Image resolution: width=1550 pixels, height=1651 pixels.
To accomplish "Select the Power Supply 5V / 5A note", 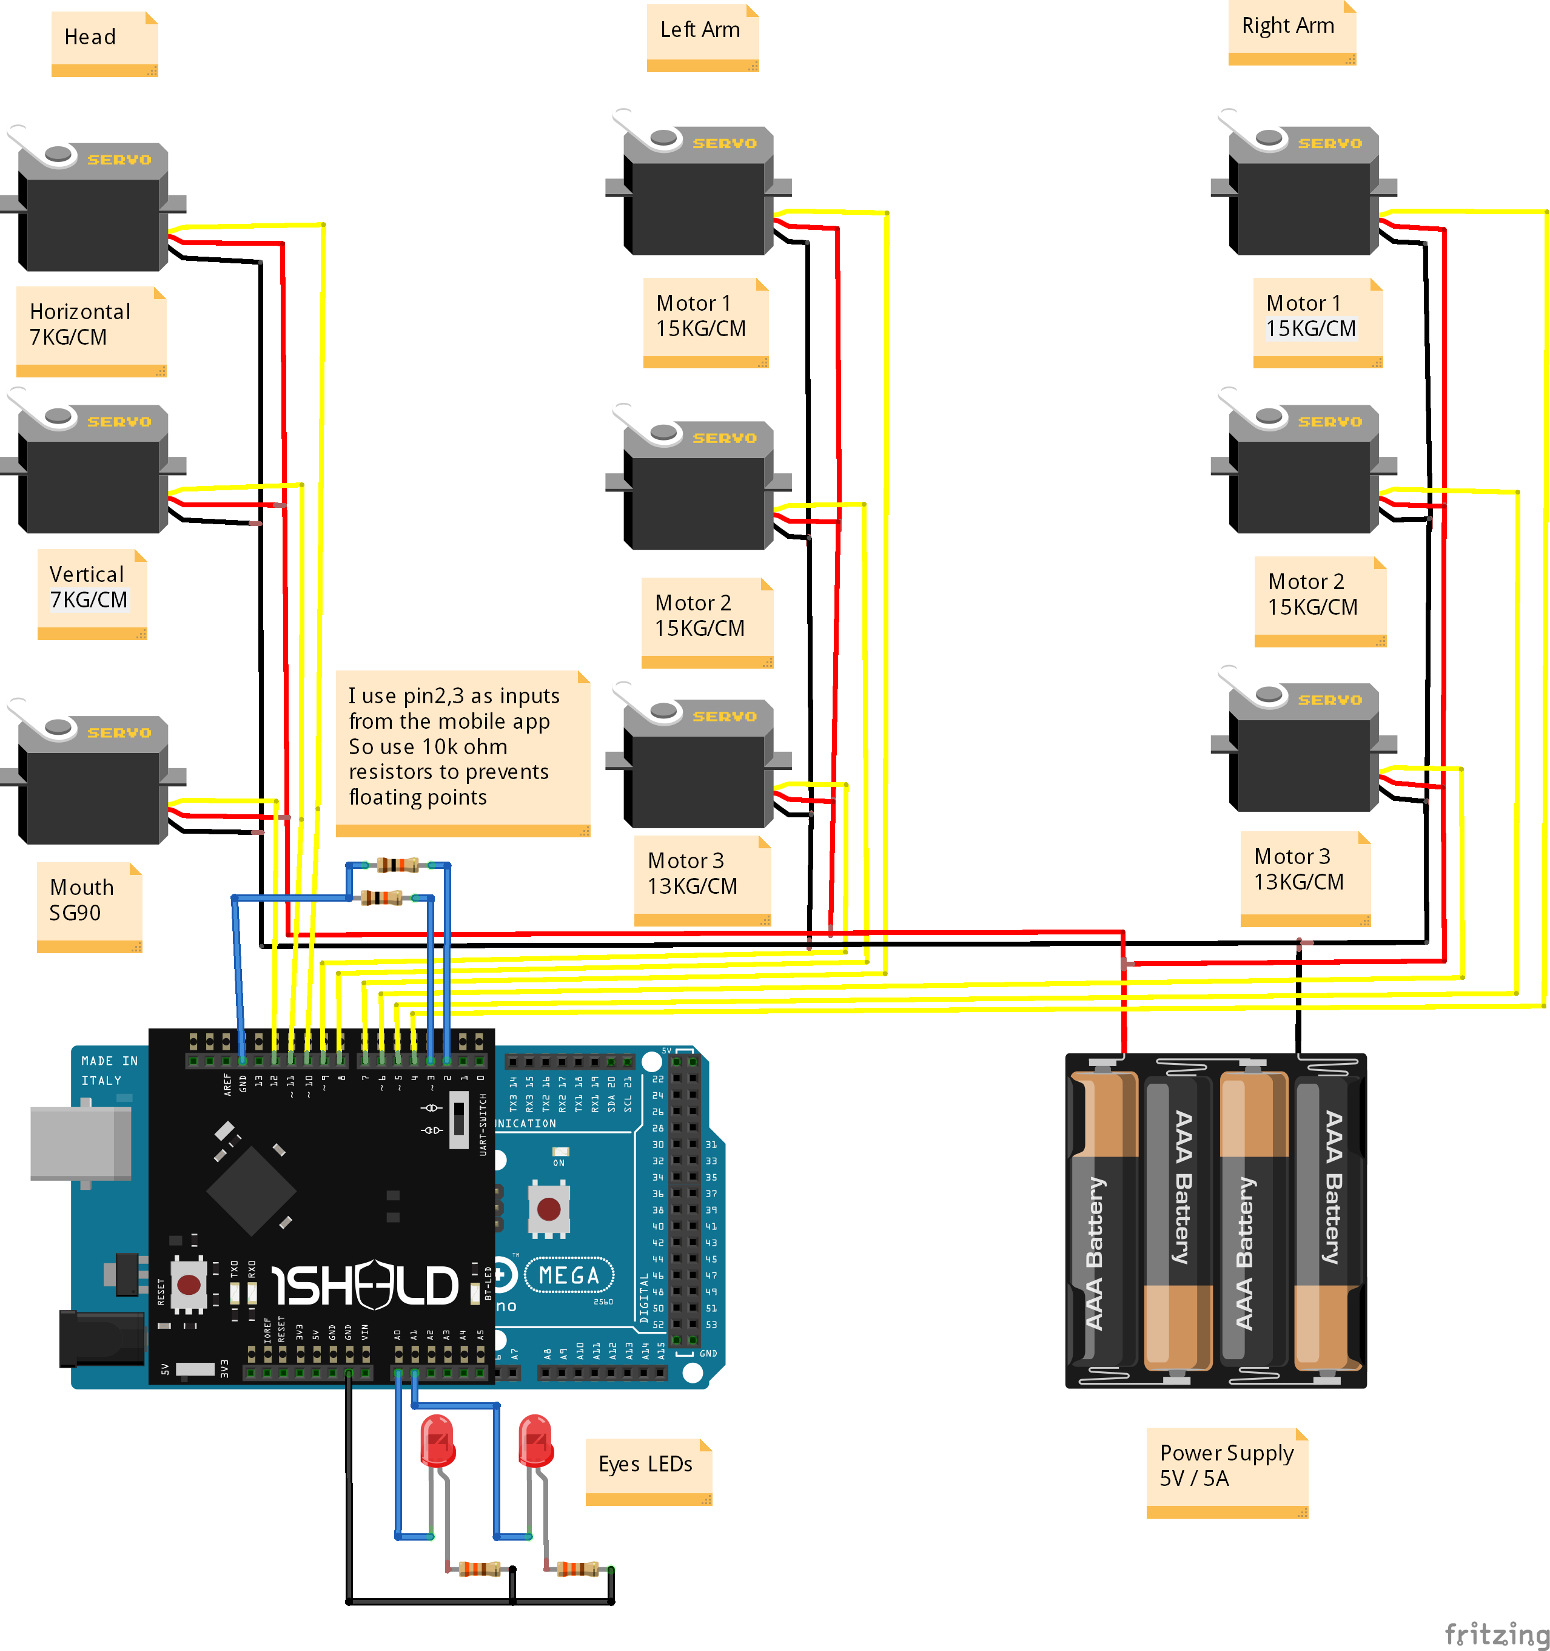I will (x=1226, y=1471).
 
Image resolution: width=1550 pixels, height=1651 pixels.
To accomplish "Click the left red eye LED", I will (x=437, y=1442).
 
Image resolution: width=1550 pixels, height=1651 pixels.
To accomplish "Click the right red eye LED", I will (x=535, y=1442).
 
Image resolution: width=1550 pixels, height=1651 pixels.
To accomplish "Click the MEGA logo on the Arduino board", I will (x=569, y=1275).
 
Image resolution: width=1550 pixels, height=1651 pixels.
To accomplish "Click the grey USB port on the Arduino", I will (x=79, y=1143).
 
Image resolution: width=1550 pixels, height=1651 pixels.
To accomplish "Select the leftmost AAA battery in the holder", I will (x=1102, y=1221).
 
